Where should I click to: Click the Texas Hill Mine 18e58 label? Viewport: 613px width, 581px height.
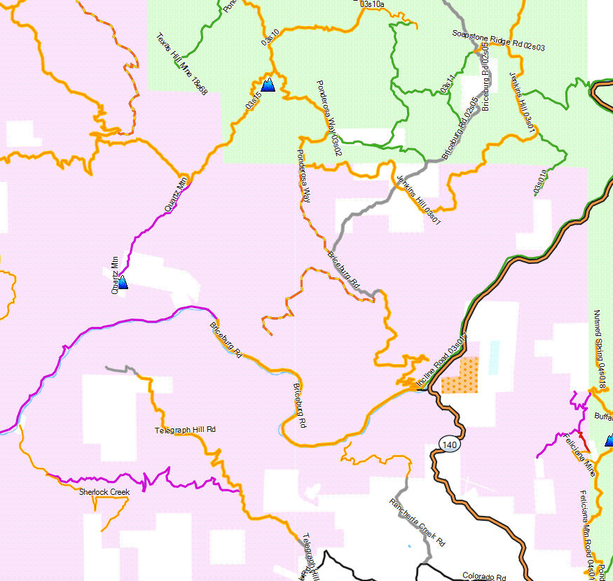click(181, 64)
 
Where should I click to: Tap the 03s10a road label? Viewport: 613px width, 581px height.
click(371, 4)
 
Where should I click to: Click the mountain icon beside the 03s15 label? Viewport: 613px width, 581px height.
click(268, 85)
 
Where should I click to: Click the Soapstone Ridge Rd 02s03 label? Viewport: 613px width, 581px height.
click(499, 40)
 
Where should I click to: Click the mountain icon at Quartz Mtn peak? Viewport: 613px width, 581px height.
click(123, 282)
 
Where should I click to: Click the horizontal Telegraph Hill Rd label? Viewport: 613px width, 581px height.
click(185, 430)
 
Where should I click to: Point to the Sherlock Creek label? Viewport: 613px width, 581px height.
click(104, 492)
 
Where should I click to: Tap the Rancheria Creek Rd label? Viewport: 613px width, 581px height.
click(418, 522)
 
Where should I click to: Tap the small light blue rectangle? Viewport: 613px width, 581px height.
click(495, 356)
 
